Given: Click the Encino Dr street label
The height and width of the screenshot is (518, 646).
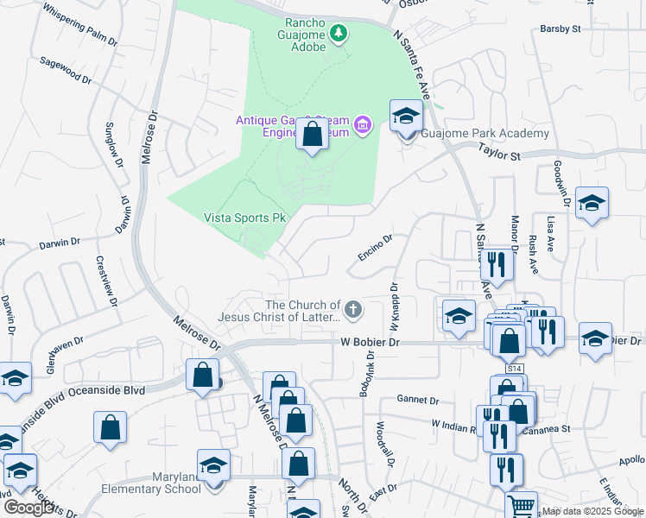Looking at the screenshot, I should click(376, 247).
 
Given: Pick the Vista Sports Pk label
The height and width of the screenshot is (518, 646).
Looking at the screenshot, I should click(244, 218).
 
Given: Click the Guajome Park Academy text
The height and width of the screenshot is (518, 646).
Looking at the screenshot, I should click(485, 134).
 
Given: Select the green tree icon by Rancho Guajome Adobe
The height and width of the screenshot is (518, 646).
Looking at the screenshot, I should click(340, 33).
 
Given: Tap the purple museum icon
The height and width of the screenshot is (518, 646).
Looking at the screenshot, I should click(362, 126).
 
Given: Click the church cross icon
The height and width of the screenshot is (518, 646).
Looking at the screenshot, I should click(352, 308).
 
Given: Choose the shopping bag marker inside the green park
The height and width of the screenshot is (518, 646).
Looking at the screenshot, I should click(313, 135).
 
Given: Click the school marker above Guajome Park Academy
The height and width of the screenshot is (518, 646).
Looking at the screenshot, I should click(406, 115).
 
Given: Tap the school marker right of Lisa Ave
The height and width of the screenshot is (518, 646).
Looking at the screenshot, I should click(592, 203).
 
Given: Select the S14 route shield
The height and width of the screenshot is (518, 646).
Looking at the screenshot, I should click(515, 369).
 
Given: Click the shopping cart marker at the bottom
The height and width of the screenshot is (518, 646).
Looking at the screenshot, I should click(521, 506).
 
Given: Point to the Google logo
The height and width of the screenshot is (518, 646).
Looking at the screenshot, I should click(30, 507).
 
